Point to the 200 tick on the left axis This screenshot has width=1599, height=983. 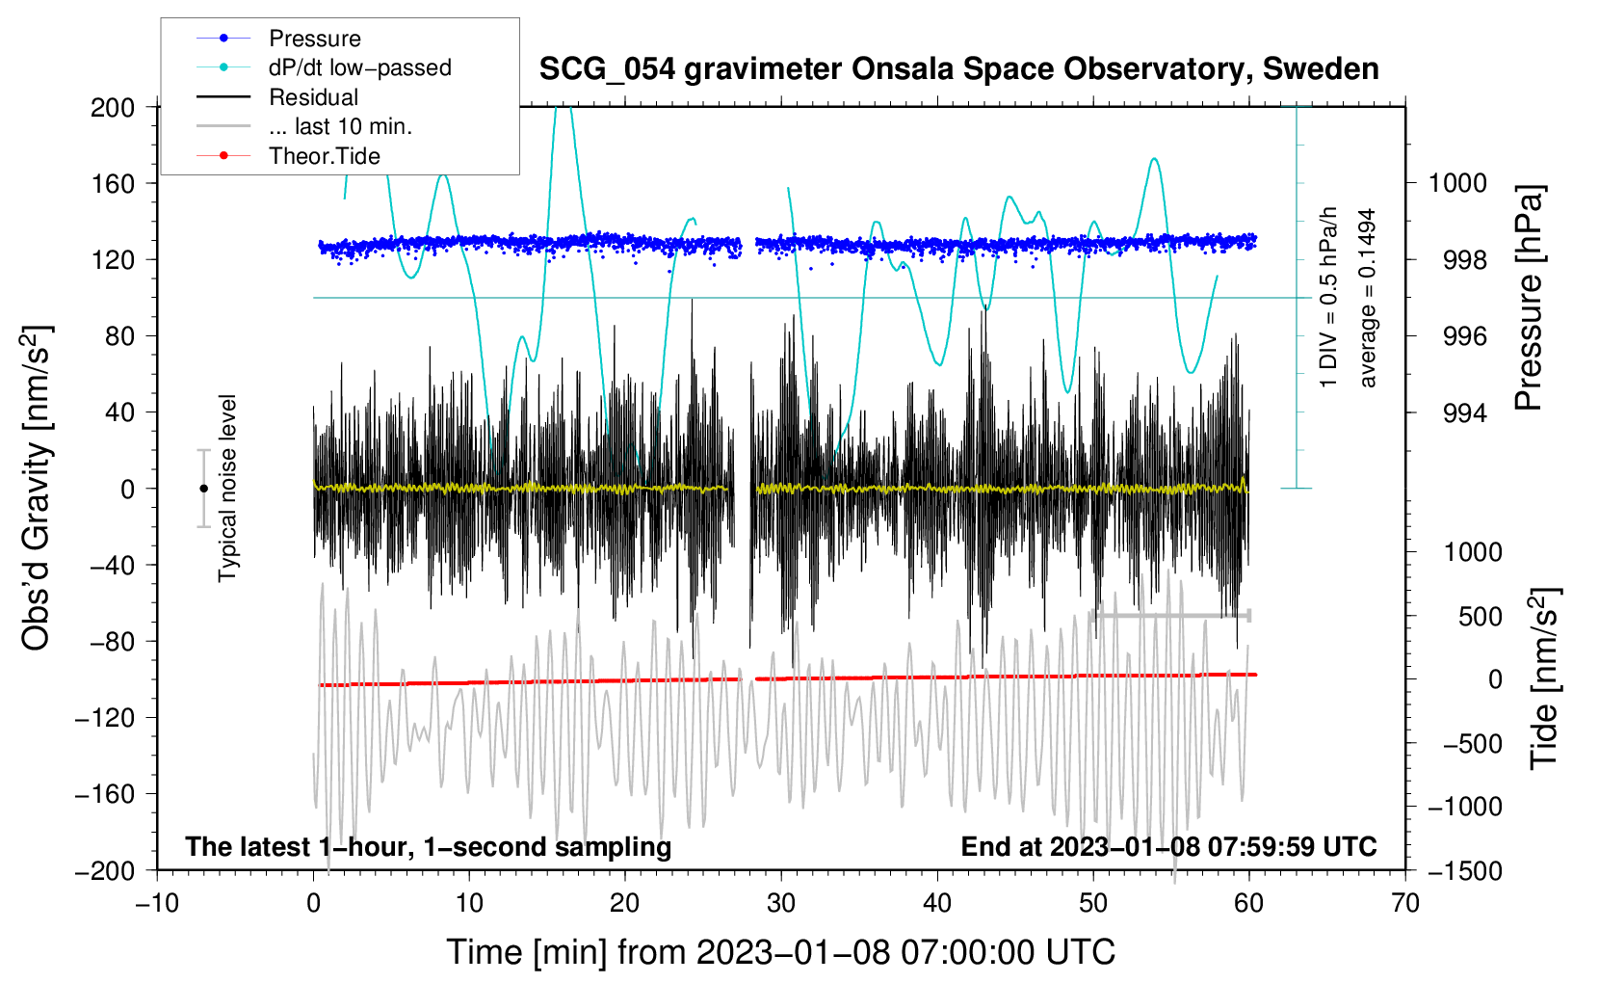[x=112, y=107]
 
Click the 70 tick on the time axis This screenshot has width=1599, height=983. [x=1404, y=903]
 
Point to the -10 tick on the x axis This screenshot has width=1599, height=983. [x=157, y=903]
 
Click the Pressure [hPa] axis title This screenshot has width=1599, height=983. [x=1528, y=298]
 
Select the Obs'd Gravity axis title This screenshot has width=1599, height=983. [x=36, y=488]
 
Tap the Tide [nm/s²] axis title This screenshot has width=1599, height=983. [x=1544, y=678]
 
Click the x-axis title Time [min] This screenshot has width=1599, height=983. [x=781, y=952]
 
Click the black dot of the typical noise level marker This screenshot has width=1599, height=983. [x=203, y=489]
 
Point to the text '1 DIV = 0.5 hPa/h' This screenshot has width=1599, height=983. [x=1327, y=298]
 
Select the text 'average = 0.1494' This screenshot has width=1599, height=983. [x=1367, y=298]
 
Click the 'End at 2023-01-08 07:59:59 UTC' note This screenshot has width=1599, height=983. [x=1168, y=846]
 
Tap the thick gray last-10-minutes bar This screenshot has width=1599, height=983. [x=1170, y=616]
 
